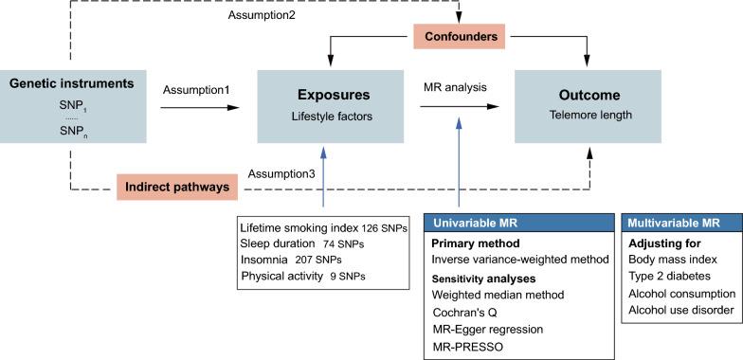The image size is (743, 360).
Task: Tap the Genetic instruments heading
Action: click(x=71, y=84)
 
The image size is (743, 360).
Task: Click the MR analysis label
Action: click(x=454, y=87)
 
